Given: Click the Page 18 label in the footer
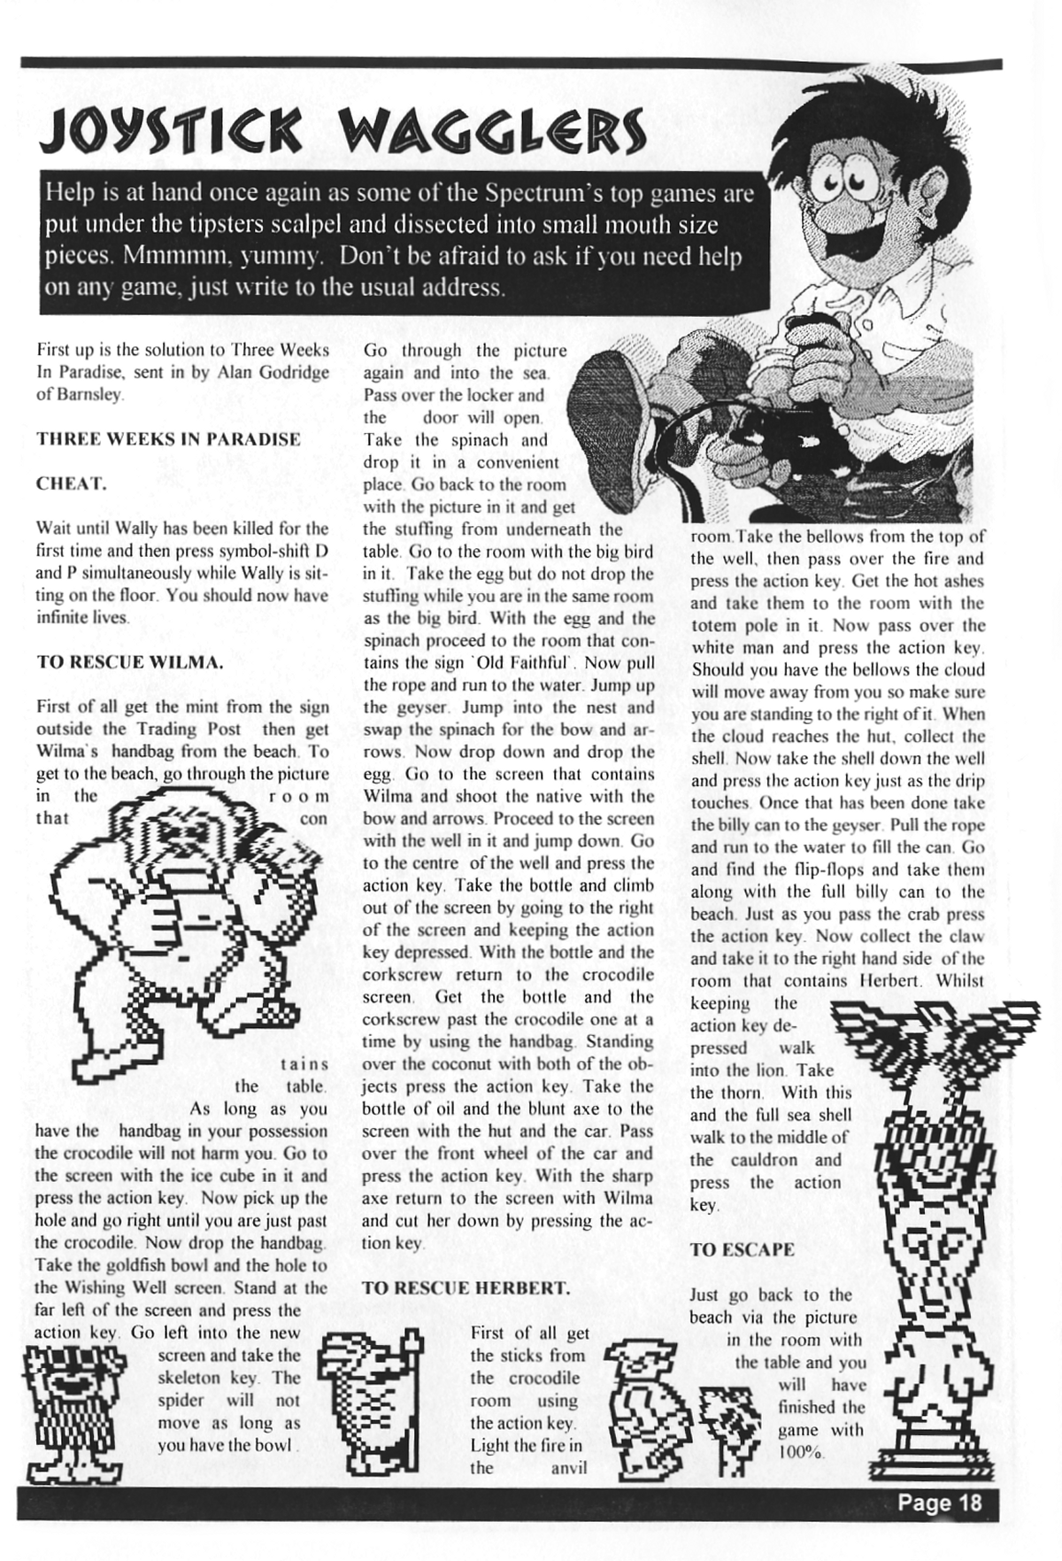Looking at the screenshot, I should pyautogui.click(x=939, y=1503).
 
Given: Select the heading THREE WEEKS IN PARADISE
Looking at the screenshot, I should pyautogui.click(x=168, y=439).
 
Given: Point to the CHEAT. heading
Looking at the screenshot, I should pyautogui.click(x=71, y=483).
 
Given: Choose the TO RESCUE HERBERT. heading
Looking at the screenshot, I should pyautogui.click(x=466, y=1288).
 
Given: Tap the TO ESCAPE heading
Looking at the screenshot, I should pyautogui.click(x=742, y=1249).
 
